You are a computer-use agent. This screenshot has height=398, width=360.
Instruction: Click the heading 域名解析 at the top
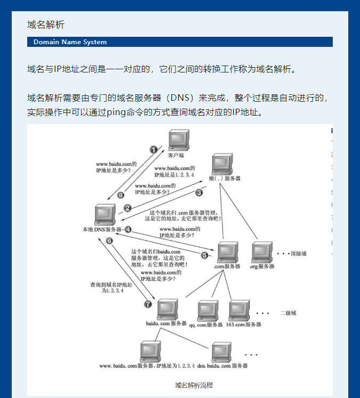[x=46, y=25]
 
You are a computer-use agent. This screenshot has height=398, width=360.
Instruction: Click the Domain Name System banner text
[x=70, y=42]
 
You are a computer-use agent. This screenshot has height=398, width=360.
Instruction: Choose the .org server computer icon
[x=261, y=252]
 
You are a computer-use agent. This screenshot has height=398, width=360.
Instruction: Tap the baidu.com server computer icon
[x=165, y=309]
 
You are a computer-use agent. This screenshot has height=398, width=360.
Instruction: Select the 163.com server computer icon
[x=238, y=311]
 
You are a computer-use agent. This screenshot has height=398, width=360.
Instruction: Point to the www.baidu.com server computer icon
[x=151, y=352]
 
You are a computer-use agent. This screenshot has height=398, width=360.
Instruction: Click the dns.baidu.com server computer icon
[x=222, y=352]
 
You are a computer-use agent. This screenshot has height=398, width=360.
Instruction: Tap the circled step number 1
[x=154, y=150]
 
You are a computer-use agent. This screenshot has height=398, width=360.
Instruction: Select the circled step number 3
[x=199, y=192]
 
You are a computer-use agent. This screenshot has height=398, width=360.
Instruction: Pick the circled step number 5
[x=204, y=255]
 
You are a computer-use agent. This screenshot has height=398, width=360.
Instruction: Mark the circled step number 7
[x=148, y=304]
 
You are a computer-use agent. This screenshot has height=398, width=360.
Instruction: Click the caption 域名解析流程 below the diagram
[x=194, y=385]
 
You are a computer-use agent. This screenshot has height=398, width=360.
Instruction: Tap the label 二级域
[x=288, y=313]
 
